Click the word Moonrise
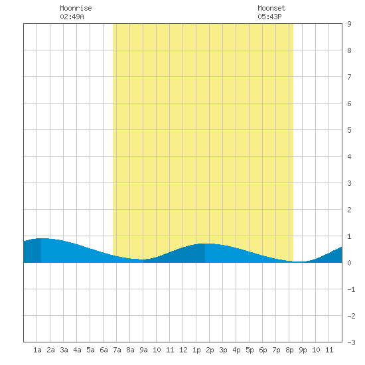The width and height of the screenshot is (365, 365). click(76, 8)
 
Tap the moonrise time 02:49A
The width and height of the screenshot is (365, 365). click(72, 17)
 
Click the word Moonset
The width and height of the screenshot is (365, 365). click(271, 8)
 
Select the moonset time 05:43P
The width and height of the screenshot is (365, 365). click(269, 17)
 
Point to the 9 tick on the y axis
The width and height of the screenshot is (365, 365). click(349, 24)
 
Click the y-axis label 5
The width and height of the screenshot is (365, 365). click(349, 130)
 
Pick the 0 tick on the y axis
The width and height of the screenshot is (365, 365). click(349, 263)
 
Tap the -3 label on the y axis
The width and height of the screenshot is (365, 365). click(351, 342)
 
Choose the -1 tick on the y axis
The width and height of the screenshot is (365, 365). click(351, 289)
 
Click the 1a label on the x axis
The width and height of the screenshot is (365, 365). click(37, 350)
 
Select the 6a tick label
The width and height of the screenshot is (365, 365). click(104, 350)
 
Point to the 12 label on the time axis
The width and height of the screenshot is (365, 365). click(183, 350)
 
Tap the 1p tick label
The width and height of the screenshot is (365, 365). click(196, 350)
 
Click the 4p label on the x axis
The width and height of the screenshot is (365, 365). click(236, 350)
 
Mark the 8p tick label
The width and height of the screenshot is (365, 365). click(289, 350)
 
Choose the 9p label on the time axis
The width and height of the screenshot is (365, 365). click(303, 350)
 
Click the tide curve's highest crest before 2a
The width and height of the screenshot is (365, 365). click(41, 238)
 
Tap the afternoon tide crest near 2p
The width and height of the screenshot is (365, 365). click(205, 244)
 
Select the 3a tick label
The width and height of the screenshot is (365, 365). click(64, 350)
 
